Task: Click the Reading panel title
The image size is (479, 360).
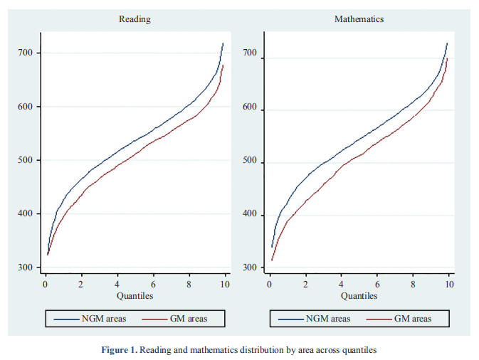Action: [135, 19]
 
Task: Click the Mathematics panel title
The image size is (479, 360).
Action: [359, 19]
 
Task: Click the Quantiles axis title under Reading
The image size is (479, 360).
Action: [135, 295]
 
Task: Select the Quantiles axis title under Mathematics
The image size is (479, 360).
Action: [359, 295]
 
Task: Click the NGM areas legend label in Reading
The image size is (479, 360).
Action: [104, 319]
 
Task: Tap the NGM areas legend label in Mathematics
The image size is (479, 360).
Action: [328, 319]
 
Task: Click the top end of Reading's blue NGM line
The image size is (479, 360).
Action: [223, 43]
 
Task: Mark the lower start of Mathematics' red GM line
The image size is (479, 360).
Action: [272, 260]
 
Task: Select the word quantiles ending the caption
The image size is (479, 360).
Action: [356, 350]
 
